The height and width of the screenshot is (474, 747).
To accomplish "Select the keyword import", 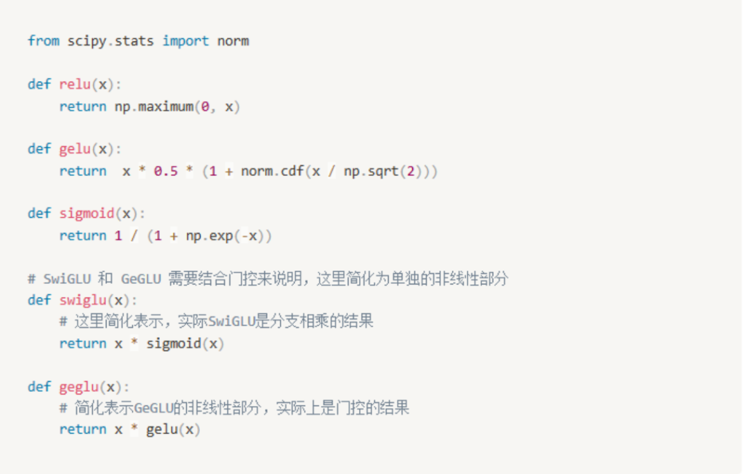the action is [x=185, y=41].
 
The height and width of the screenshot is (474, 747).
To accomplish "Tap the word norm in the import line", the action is [x=233, y=41].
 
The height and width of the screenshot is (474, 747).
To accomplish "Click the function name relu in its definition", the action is [x=75, y=84].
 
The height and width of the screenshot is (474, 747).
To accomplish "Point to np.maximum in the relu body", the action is [x=154, y=107].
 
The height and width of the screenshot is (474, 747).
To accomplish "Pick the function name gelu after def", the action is [x=75, y=149].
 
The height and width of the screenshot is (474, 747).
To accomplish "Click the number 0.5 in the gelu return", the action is [x=166, y=171].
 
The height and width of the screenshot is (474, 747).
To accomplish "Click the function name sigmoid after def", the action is [x=86, y=213].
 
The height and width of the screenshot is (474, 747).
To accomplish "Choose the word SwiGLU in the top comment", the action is [x=67, y=279].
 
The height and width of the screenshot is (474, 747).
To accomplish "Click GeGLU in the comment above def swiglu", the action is [x=140, y=279].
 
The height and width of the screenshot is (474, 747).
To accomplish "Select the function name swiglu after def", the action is [x=83, y=300].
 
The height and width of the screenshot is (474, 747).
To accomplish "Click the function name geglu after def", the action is [x=79, y=387].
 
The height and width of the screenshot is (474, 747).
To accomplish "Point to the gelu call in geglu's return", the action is [x=162, y=430].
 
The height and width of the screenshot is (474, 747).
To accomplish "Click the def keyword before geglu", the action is [x=39, y=387].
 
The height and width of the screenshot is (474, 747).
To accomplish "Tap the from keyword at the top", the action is [x=44, y=41].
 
